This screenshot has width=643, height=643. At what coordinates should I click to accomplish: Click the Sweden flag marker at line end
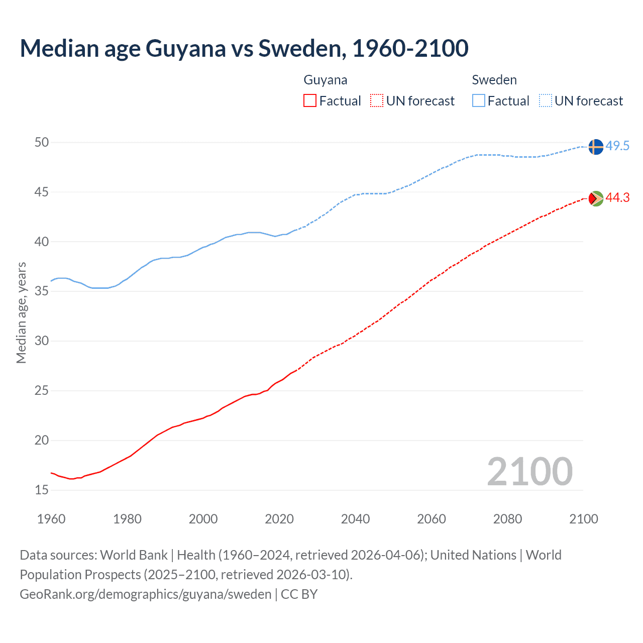[595, 147]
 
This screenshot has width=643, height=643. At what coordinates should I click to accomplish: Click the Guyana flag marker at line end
[595, 198]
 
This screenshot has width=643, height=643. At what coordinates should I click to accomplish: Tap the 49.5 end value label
[617, 146]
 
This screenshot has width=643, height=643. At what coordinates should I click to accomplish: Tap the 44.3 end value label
[617, 198]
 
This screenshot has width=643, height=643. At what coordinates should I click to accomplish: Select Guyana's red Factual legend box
[310, 101]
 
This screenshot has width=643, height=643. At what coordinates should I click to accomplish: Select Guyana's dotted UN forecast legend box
[377, 101]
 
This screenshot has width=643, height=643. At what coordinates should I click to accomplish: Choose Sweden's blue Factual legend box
[479, 101]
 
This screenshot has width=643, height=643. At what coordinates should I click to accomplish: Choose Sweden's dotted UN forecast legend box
[545, 101]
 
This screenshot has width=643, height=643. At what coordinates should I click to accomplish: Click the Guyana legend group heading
[325, 80]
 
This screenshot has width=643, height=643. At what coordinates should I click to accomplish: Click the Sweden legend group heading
[494, 80]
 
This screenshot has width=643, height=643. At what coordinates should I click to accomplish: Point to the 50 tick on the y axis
[42, 143]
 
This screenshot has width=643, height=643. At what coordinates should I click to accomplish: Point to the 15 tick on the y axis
[42, 490]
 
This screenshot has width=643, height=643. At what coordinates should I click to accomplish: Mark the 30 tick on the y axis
[42, 341]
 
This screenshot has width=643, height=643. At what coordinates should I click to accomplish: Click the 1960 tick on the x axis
[51, 519]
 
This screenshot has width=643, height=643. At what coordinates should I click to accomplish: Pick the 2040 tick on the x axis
[355, 519]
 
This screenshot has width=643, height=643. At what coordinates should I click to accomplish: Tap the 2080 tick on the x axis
[507, 519]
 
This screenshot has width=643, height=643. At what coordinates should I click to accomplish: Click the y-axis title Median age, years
[21, 312]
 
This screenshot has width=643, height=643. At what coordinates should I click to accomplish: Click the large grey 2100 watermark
[529, 472]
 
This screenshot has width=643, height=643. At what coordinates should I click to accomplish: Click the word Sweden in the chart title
[299, 48]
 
